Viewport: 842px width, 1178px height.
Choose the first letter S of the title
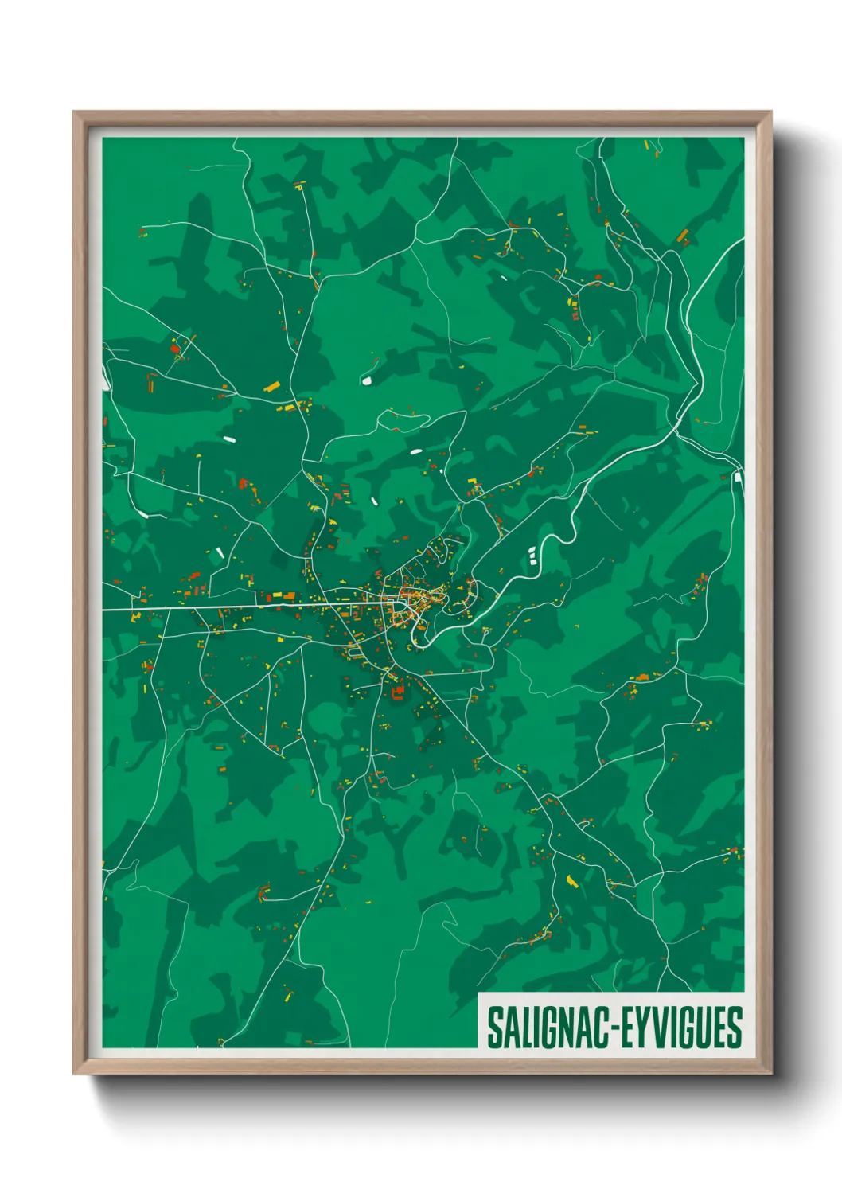493,1028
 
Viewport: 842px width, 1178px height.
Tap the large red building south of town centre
397,692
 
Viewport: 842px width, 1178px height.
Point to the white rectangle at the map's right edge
738,477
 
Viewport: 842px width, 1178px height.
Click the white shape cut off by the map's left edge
105,381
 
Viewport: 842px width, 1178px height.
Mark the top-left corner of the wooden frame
75,114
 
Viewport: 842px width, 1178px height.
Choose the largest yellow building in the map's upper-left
271,388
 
